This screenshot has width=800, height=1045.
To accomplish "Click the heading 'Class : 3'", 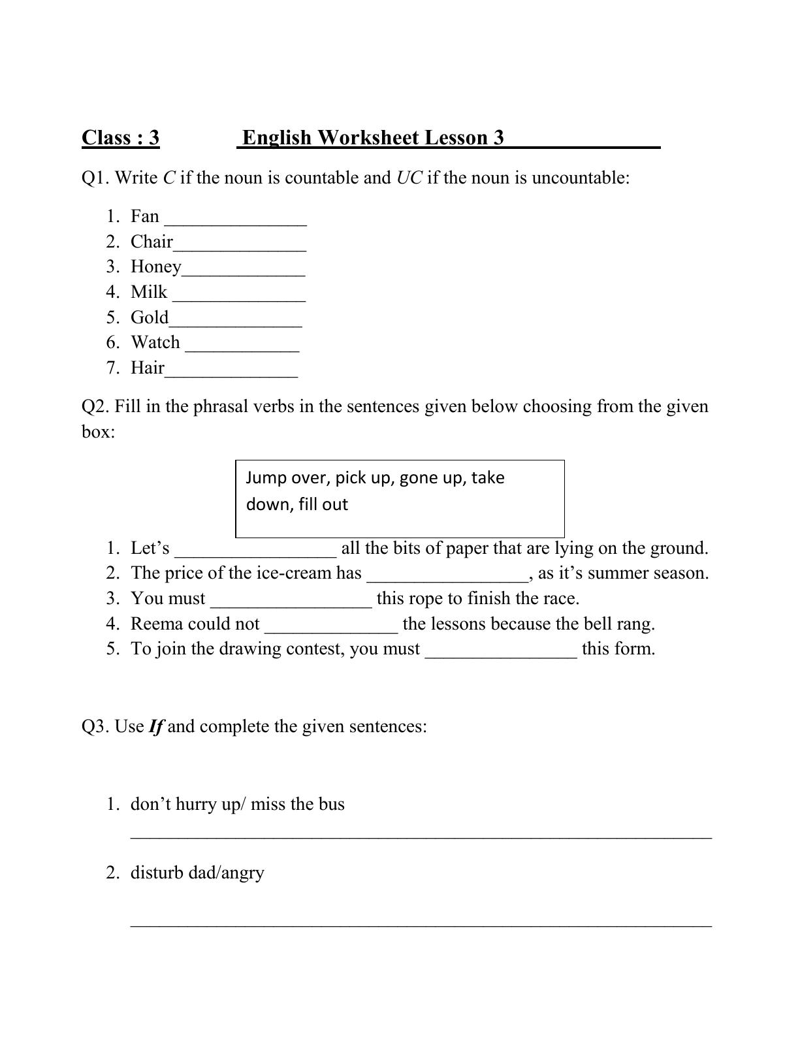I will click(x=120, y=138).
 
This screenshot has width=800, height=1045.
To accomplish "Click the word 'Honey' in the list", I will click(x=155, y=267).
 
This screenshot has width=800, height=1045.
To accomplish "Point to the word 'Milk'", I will click(x=149, y=292).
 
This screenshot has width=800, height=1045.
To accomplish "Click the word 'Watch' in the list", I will click(x=155, y=342).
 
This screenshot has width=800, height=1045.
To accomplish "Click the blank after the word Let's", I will click(x=255, y=553).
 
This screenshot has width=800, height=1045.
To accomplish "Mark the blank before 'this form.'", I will click(x=501, y=653).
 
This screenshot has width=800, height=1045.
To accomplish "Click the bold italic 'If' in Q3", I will click(x=155, y=727).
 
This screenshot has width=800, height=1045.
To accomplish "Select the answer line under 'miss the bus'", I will click(x=421, y=837).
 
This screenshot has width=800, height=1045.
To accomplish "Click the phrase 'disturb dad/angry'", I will click(x=197, y=873).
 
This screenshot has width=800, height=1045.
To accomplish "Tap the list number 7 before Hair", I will click(x=112, y=368).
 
